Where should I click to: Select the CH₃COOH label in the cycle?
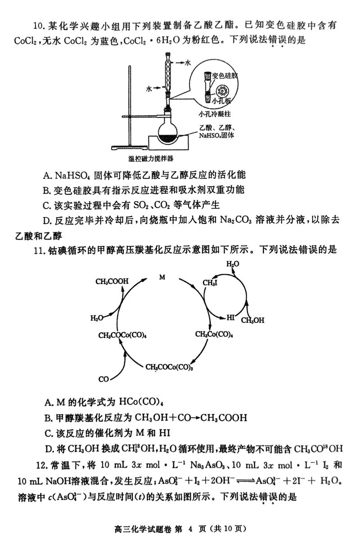pos(112,282)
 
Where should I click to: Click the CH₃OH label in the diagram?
pos(252,320)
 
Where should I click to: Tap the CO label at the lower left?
pos(103,379)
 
